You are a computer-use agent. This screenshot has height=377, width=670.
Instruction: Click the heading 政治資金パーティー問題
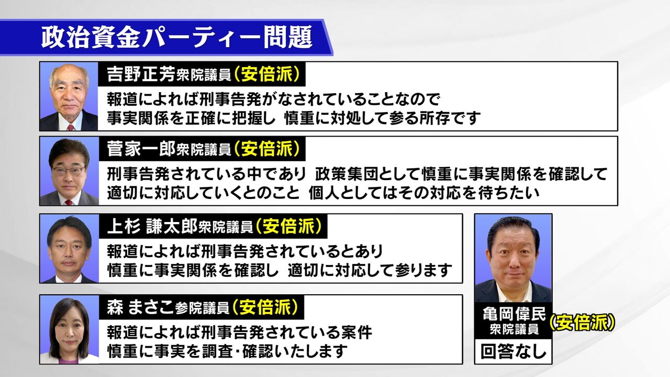point(176,37)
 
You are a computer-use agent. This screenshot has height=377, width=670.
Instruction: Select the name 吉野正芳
point(141,74)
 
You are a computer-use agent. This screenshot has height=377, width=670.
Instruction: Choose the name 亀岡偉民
point(514,314)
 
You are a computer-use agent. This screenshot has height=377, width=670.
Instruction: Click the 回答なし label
point(513,351)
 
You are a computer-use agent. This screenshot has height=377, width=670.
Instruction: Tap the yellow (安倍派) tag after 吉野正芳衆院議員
point(267,74)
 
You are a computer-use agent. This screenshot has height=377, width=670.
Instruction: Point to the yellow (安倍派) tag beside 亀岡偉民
point(582,323)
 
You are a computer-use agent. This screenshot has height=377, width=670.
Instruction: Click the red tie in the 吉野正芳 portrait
point(70,127)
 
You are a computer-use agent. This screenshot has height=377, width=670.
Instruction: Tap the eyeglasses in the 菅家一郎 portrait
point(69,171)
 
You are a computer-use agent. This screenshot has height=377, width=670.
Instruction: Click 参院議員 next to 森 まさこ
point(202,309)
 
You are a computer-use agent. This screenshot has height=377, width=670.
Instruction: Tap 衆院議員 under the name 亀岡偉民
point(514,329)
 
